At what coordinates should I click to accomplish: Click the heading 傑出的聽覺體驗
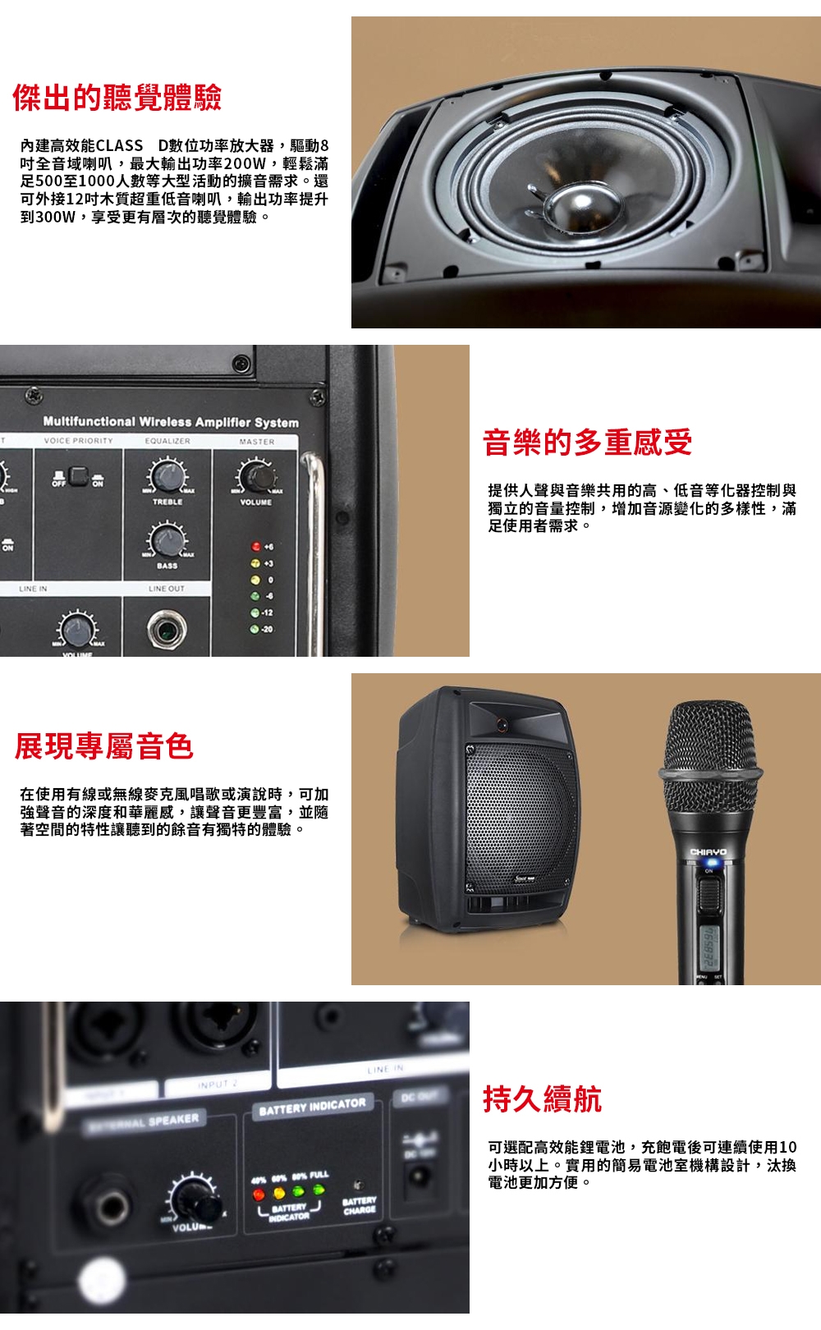117,98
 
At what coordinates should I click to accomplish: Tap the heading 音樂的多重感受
587,442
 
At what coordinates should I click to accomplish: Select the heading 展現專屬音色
104,745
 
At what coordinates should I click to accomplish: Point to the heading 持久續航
542,1098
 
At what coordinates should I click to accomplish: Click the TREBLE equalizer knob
167,475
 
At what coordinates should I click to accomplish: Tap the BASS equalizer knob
167,539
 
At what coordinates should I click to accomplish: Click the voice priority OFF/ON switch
80,475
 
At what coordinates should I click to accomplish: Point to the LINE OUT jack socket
167,630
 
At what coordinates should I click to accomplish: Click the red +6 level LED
255,547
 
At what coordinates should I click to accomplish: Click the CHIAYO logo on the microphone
709,851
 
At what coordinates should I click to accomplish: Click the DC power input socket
421,1180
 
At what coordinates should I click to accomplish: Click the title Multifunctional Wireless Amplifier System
171,422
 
